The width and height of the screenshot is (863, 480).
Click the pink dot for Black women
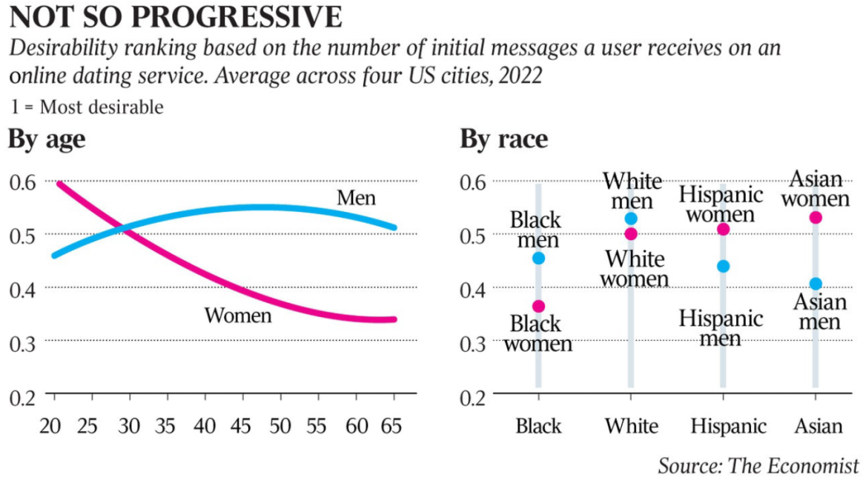[x=538, y=306]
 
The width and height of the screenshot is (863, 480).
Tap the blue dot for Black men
[x=538, y=258]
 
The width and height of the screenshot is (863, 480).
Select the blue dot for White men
[x=631, y=219]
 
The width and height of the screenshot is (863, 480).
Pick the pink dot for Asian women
[x=816, y=217]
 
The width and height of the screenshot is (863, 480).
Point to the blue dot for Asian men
[x=816, y=284]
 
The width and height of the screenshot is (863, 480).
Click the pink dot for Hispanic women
[x=724, y=229]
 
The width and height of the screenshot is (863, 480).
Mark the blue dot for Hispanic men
[x=724, y=266]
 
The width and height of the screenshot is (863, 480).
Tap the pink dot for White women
[x=631, y=233]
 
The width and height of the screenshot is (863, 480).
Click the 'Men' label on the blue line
[x=356, y=198]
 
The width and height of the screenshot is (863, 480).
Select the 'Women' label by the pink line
[x=238, y=316]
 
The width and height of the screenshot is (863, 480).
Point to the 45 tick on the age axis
[x=242, y=426]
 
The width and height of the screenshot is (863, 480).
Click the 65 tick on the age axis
[x=394, y=426]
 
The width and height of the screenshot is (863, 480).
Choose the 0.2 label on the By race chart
[x=475, y=396]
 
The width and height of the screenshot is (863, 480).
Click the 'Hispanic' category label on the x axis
[x=728, y=427]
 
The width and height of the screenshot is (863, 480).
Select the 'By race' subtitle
[x=503, y=139]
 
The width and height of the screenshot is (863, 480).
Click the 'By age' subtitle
[x=47, y=139]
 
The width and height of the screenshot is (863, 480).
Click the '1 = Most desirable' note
[x=87, y=107]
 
